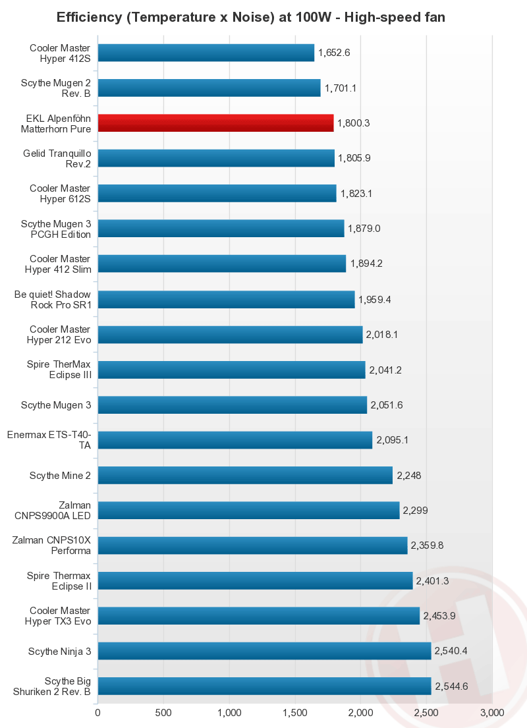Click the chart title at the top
coord(251,17)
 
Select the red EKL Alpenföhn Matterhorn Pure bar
coord(215,123)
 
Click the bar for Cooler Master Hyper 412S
coord(206,53)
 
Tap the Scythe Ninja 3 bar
coord(264,651)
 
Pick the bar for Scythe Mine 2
coord(245,475)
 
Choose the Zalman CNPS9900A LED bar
coord(248,510)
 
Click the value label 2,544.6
coord(451,686)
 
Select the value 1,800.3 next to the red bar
coord(354,123)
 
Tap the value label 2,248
coord(408,475)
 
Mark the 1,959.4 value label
coord(375,299)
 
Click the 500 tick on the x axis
coord(163,713)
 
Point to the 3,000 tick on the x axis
coord(491,713)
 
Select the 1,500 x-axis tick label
coord(294,713)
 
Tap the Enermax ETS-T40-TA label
coord(49,439)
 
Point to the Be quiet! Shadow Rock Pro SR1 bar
coord(226,299)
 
